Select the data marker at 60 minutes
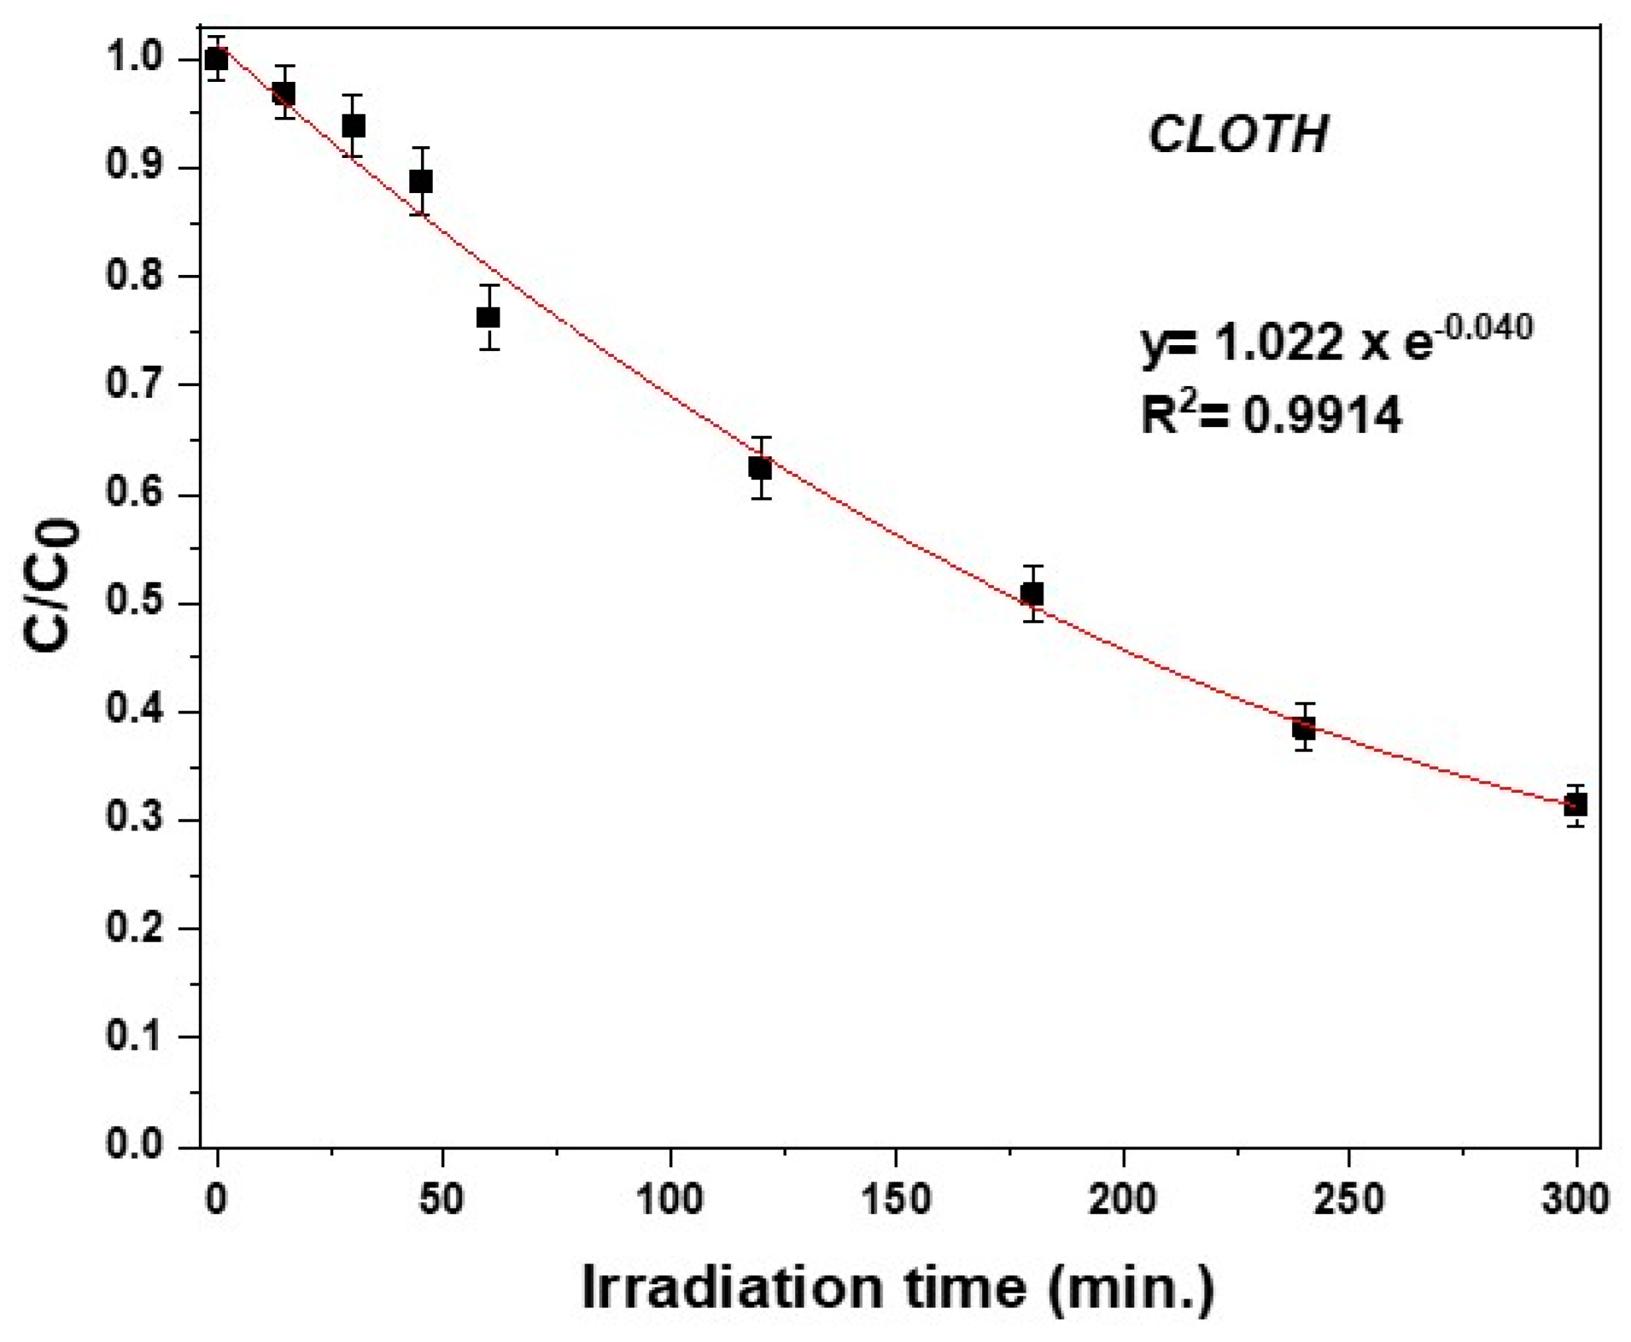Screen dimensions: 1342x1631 click(x=488, y=317)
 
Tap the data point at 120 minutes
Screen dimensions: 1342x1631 click(x=760, y=469)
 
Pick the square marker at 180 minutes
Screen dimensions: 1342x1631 click(x=1032, y=594)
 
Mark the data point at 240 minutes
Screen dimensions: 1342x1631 click(x=1304, y=727)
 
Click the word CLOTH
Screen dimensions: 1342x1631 click(x=1238, y=135)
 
